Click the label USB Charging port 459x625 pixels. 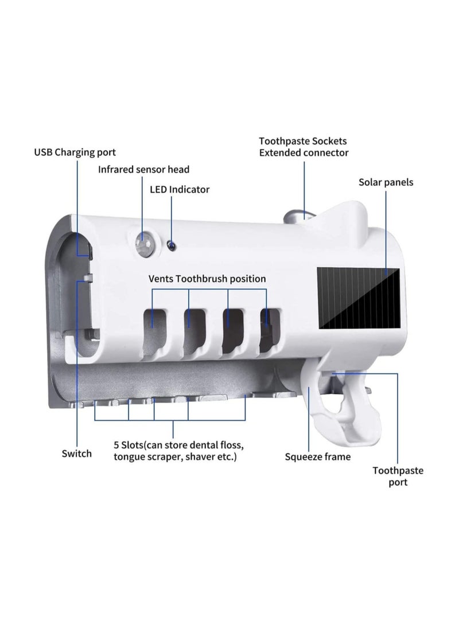pyautogui.click(x=75, y=152)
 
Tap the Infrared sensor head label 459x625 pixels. pyautogui.click(x=143, y=169)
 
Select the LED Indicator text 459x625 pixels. pyautogui.click(x=180, y=189)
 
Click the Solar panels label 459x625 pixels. pyautogui.click(x=386, y=182)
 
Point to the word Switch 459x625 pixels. pyautogui.click(x=77, y=454)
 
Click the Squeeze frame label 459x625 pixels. pyautogui.click(x=318, y=457)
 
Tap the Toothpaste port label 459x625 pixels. pyautogui.click(x=398, y=476)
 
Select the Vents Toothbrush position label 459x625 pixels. pyautogui.click(x=207, y=279)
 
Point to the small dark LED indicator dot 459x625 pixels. pyautogui.click(x=170, y=245)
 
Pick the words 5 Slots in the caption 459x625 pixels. pyautogui.click(x=129, y=444)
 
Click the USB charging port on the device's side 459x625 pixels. pyautogui.click(x=86, y=250)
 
